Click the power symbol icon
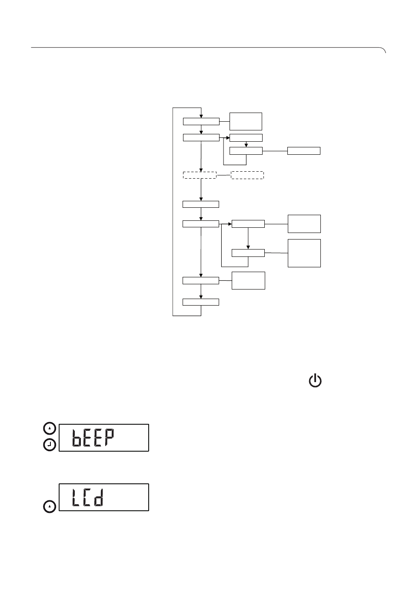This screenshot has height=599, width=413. click(x=315, y=380)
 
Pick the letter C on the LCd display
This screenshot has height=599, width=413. click(x=87, y=497)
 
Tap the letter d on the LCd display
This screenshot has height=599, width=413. click(x=98, y=497)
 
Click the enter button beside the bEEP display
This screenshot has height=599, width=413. click(x=50, y=445)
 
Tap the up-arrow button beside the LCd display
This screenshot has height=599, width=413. click(x=50, y=506)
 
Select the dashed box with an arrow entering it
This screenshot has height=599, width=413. click(x=200, y=175)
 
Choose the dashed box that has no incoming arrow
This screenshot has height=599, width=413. click(x=247, y=175)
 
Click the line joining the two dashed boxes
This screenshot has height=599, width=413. click(x=223, y=175)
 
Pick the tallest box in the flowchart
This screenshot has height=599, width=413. click(x=304, y=253)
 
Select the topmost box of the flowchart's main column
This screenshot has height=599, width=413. click(x=201, y=121)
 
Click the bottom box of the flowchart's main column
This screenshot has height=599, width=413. click(x=200, y=302)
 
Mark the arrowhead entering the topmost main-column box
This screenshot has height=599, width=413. click(x=201, y=116)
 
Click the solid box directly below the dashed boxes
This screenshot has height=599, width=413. click(x=200, y=204)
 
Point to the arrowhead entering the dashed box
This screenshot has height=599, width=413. click(x=201, y=170)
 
